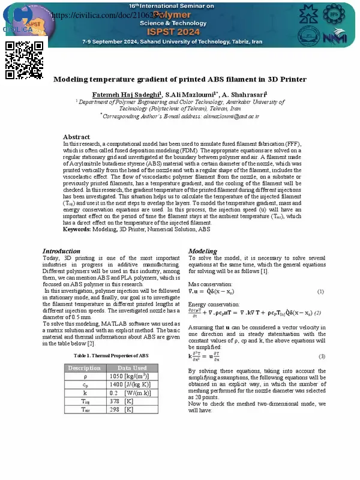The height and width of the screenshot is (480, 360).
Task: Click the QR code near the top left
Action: [x=25, y=60]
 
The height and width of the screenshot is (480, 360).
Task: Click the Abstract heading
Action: [x=76, y=137]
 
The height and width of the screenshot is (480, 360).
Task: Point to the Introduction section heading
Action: [x=61, y=251]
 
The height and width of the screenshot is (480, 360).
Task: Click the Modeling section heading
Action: [x=203, y=251]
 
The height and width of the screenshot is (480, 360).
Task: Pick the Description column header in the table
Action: [x=84, y=368]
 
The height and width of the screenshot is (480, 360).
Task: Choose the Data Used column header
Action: [x=131, y=368]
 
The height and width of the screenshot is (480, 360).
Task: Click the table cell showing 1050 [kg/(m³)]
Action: [x=131, y=376]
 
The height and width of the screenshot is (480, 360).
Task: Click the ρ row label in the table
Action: [x=84, y=376]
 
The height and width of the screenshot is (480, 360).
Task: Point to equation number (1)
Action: [x=320, y=292]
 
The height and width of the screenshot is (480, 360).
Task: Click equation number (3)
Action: [x=322, y=356]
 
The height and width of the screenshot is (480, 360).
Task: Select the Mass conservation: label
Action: [x=210, y=284]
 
